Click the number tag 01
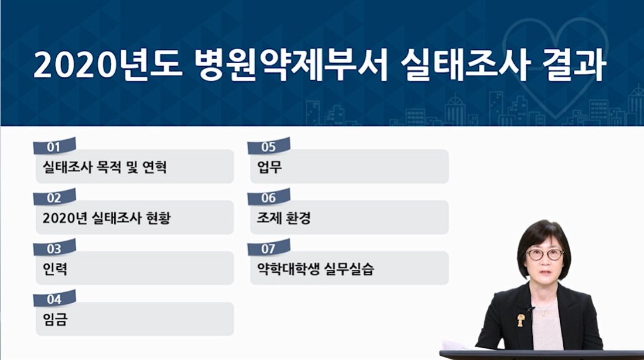pyautogui.click(x=54, y=146)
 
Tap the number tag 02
pyautogui.click(x=54, y=197)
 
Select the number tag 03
pyautogui.click(x=54, y=248)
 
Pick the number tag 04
pyautogui.click(x=54, y=299)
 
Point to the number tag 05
pyautogui.click(x=269, y=146)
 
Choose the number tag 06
pyautogui.click(x=269, y=197)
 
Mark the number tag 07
pyautogui.click(x=269, y=248)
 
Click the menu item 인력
pyautogui.click(x=54, y=269)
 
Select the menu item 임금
pyautogui.click(x=54, y=320)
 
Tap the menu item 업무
pyautogui.click(x=269, y=167)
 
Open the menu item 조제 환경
pyautogui.click(x=283, y=218)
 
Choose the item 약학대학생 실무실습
pyautogui.click(x=316, y=269)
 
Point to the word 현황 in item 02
pyautogui.click(x=158, y=218)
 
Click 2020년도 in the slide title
pyautogui.click(x=108, y=65)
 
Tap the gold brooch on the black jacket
pyautogui.click(x=520, y=320)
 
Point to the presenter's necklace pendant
pyautogui.click(x=543, y=314)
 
